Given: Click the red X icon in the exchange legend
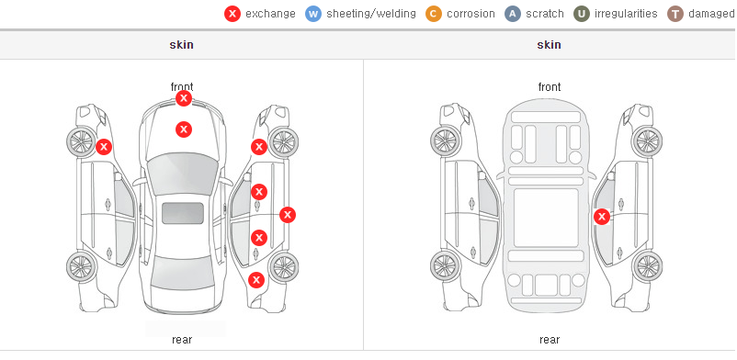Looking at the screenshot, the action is (232, 14).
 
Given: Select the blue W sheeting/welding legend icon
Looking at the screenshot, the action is (313, 14).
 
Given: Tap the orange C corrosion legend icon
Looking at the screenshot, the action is (434, 14).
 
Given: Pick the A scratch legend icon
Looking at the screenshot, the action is (513, 14).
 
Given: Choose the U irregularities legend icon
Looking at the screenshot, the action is (582, 14).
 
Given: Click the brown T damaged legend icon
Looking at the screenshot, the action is (675, 14).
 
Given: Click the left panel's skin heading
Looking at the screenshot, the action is (181, 45).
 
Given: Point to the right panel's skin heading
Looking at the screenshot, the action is (549, 45).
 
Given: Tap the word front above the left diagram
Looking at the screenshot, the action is (182, 87).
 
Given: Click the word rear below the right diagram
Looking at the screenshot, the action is (550, 340).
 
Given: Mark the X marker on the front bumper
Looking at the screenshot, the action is (184, 98).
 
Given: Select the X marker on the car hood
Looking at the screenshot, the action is (184, 129).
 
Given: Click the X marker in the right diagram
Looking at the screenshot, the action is (602, 217).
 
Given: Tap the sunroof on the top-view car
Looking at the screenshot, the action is (183, 213).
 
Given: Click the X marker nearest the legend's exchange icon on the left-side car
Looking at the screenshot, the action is (104, 147).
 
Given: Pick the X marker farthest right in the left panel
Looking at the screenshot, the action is (288, 215).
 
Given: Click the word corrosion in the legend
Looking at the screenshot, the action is (471, 14).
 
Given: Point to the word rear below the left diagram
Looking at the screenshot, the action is (182, 340).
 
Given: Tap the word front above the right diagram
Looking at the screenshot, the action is (550, 87).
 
